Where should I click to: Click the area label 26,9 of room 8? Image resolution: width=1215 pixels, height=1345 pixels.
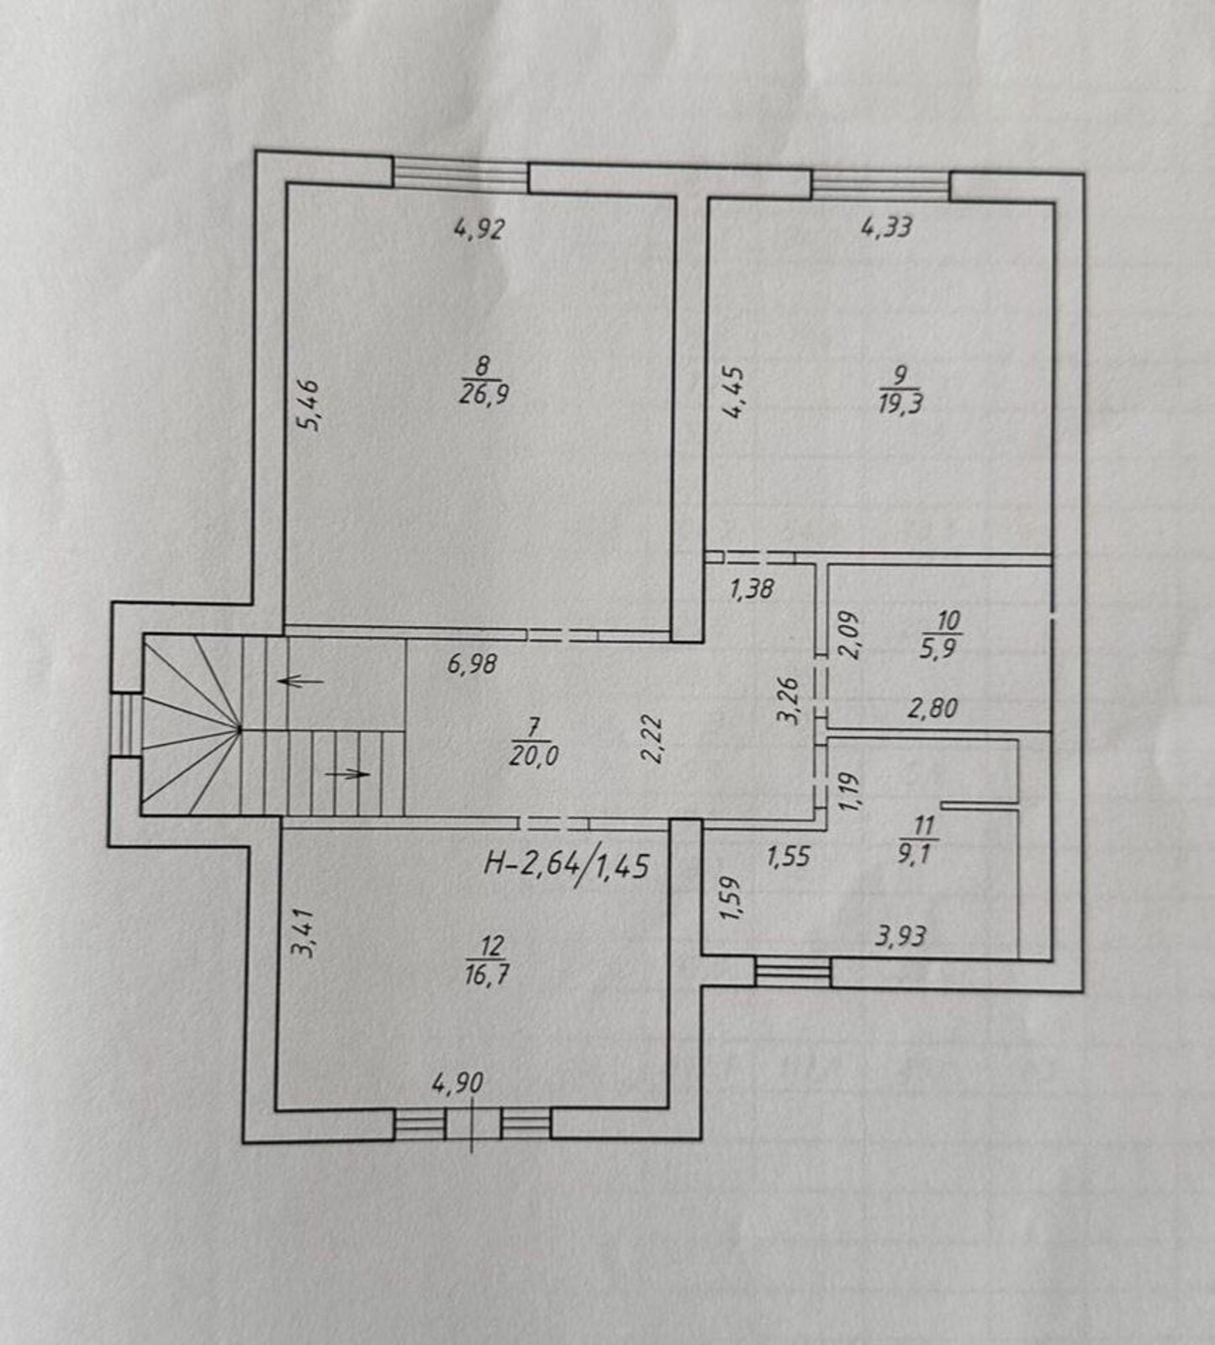483,393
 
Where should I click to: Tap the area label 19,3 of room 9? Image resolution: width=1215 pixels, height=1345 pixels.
901,403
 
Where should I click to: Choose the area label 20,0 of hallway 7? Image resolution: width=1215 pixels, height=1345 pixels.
534,756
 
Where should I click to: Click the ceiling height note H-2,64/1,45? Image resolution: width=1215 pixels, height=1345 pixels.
567,864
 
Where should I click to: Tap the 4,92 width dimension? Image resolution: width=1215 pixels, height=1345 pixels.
479,229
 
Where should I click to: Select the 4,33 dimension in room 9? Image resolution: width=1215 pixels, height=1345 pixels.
887,227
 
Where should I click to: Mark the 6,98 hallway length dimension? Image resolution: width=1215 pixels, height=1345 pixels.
473,665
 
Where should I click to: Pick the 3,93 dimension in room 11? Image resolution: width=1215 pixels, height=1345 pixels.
901,936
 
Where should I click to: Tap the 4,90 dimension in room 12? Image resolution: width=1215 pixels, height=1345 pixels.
458,1083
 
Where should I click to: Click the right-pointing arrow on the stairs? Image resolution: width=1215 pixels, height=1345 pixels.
347,773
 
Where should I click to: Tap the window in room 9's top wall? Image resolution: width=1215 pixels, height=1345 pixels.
881,185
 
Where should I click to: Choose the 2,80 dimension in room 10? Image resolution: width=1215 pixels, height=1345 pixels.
932,709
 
